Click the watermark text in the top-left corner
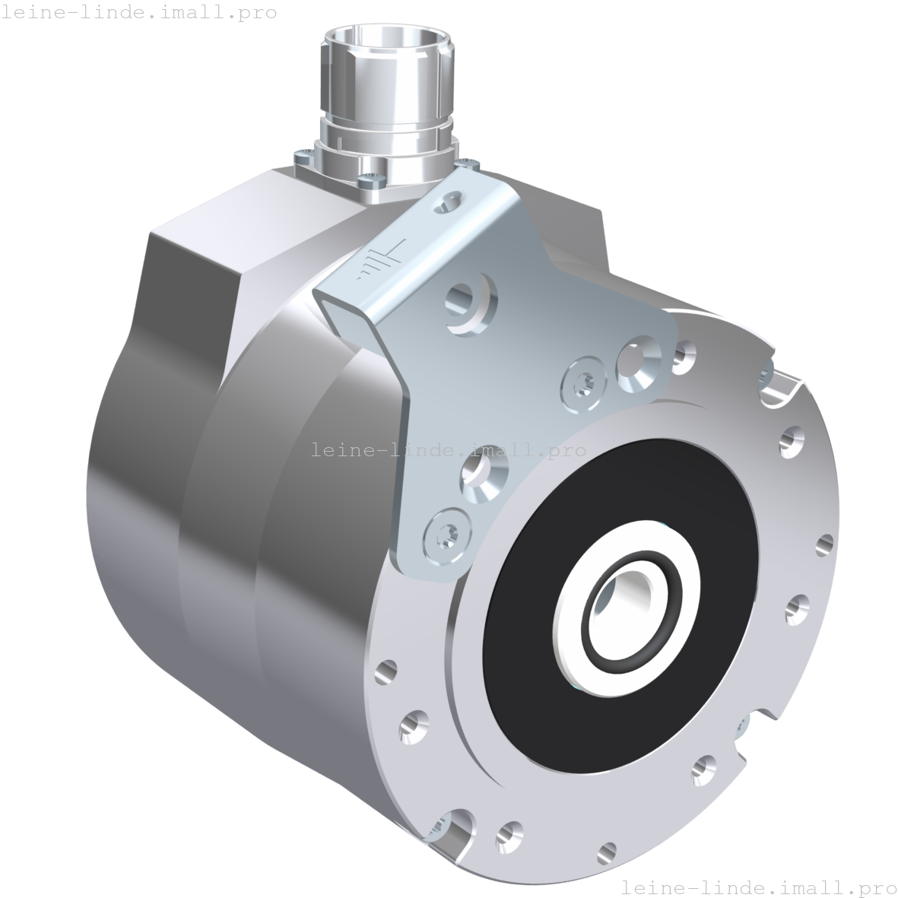pyautogui.click(x=139, y=12)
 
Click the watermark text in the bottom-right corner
pyautogui.click(x=758, y=887)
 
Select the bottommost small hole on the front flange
pyautogui.click(x=606, y=850)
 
